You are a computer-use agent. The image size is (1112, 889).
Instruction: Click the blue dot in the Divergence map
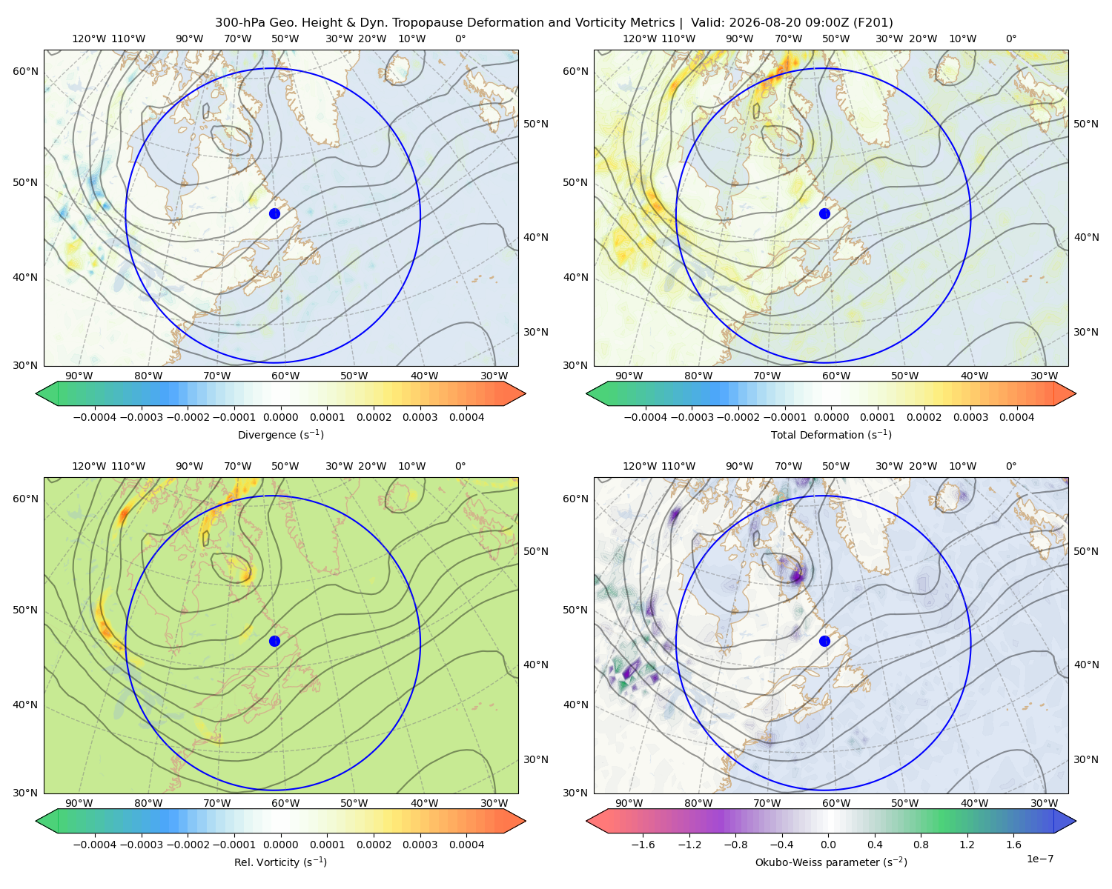(274, 213)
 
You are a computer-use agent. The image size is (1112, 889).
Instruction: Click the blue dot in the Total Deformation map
(824, 213)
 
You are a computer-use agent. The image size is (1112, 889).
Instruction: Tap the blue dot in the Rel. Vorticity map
(274, 641)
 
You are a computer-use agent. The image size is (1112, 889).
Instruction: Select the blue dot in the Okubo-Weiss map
(824, 641)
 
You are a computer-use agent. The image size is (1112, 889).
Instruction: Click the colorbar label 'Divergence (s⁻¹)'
(280, 434)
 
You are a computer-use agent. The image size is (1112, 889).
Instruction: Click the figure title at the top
(554, 23)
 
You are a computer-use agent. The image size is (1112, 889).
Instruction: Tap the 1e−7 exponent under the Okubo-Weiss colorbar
(1039, 859)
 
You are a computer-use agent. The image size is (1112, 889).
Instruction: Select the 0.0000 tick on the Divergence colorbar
(280, 417)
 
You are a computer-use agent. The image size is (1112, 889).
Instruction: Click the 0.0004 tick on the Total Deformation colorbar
(1016, 417)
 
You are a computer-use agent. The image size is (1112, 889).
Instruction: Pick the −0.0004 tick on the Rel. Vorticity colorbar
(95, 845)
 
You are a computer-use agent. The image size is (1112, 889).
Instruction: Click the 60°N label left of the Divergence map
(25, 71)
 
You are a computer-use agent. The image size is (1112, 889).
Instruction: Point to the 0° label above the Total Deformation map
(1010, 39)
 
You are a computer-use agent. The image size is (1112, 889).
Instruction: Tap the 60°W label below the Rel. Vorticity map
(285, 803)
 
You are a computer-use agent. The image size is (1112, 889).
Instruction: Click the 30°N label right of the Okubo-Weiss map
(1085, 759)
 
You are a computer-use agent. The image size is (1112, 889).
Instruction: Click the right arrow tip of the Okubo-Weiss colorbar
(1076, 821)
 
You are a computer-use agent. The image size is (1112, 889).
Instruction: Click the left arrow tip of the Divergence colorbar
(36, 393)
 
